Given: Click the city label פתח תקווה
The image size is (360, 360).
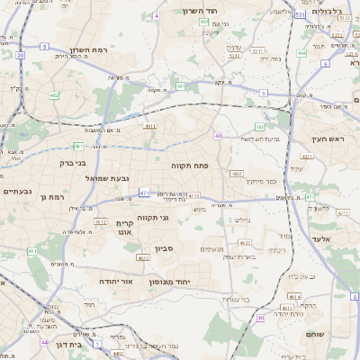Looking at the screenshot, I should [x=189, y=166].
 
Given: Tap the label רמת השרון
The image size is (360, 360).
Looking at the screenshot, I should [x=87, y=50].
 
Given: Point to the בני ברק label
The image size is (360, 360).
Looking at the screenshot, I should [x=68, y=163].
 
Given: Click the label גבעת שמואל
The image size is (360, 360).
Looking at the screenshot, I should [x=90, y=179].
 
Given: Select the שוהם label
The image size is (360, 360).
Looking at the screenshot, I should [x=339, y=334].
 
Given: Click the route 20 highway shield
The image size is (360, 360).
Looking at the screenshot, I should [x=19, y=55].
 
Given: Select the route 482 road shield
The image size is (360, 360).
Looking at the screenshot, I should [x=54, y=94].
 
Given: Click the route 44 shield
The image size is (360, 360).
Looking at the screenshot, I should [x=44, y=342].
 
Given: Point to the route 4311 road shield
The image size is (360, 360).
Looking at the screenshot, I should [x=150, y=126].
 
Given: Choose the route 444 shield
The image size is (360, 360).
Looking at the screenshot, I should [x=301, y=53].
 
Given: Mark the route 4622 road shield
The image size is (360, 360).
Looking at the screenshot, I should [x=143, y=257].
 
